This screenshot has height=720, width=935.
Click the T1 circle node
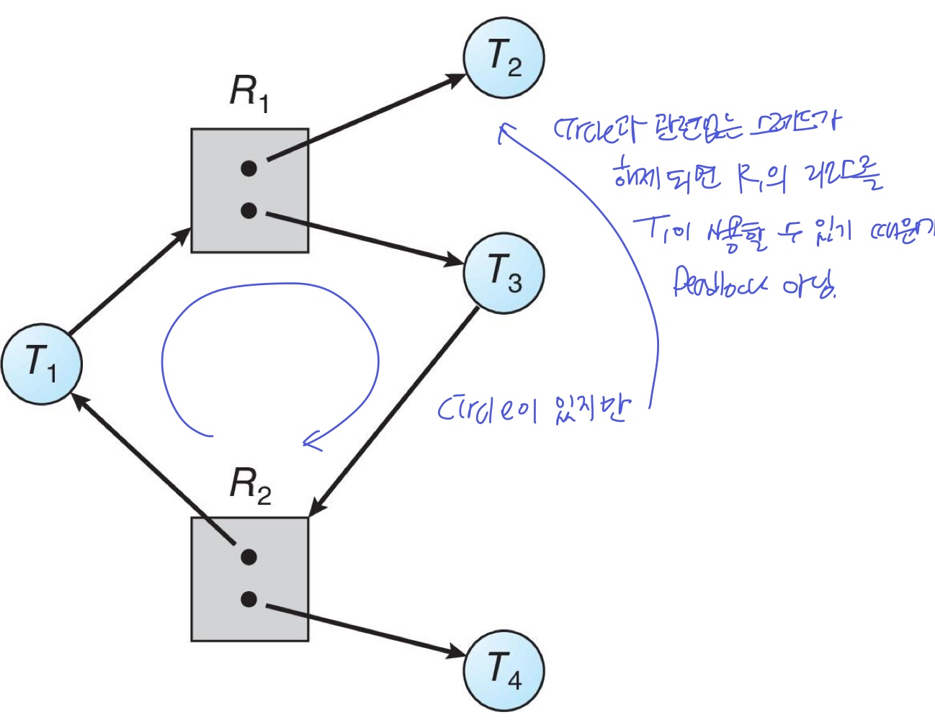coord(42,364)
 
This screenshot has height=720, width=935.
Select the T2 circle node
coord(504,58)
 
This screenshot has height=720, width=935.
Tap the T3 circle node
coord(504,273)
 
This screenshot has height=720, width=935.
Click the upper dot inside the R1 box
coord(249,168)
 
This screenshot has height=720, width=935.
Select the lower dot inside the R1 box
coord(249,211)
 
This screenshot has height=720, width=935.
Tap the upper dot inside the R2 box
coord(249,557)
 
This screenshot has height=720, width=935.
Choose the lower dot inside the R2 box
coord(249,599)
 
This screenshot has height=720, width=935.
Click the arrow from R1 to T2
coord(367,118)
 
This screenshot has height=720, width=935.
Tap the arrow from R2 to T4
coord(367,629)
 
